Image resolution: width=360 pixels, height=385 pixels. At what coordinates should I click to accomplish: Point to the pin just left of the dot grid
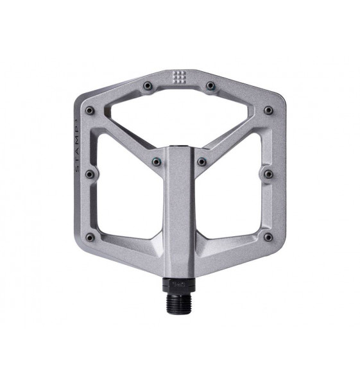pyautogui.click(x=147, y=85)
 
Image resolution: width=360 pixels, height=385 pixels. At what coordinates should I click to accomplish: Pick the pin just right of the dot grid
pyautogui.click(x=210, y=85)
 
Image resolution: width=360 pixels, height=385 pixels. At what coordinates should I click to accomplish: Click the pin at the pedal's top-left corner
pyautogui.click(x=90, y=110)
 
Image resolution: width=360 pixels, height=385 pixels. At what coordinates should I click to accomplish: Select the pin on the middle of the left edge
pyautogui.click(x=90, y=173)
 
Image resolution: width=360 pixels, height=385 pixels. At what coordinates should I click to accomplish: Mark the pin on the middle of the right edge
pyautogui.click(x=268, y=173)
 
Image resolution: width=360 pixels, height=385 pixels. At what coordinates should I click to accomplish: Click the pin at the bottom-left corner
pyautogui.click(x=90, y=237)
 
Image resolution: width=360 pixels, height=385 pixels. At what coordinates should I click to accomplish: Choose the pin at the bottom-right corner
pyautogui.click(x=268, y=237)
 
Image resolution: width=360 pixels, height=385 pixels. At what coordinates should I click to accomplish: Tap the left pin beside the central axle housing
pyautogui.click(x=155, y=162)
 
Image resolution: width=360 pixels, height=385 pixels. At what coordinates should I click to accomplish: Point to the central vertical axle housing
pyautogui.click(x=179, y=212)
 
